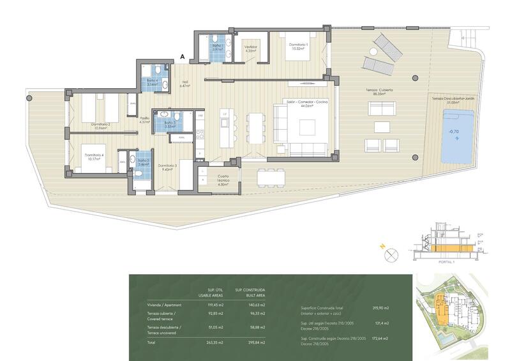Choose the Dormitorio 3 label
point(167,167)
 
